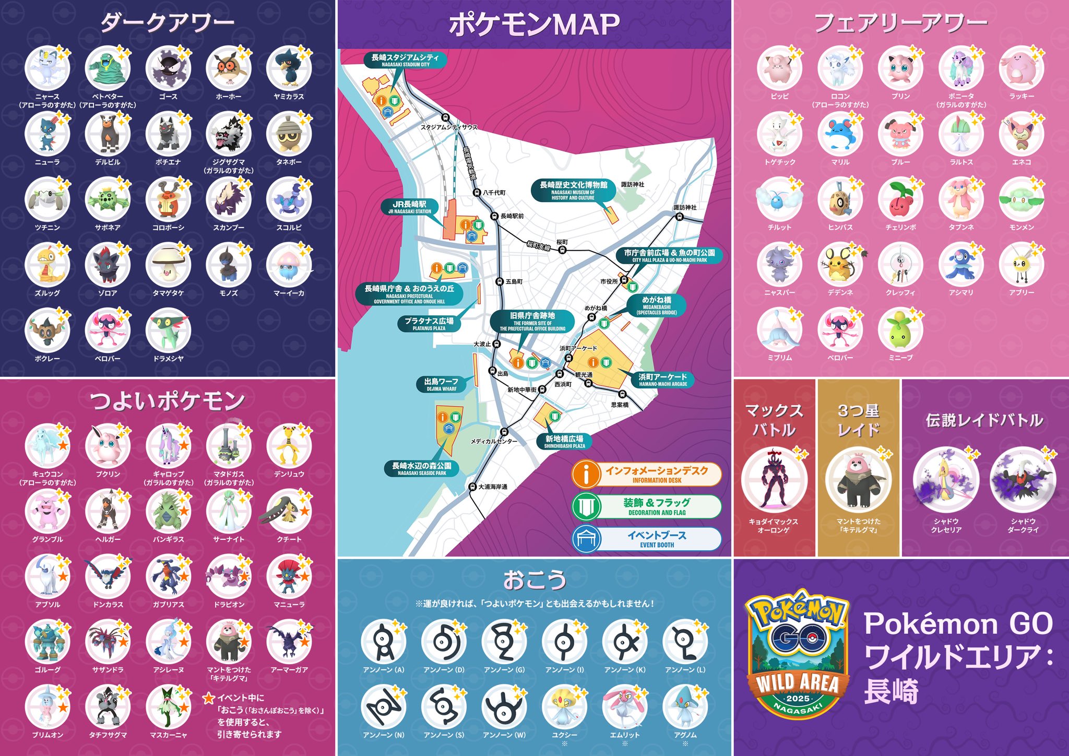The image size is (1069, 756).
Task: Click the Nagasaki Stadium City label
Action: pyautogui.click(x=405, y=60)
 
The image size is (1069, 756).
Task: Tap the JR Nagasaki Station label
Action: pyautogui.click(x=410, y=207)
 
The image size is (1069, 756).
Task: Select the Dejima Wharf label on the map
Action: pyautogui.click(x=442, y=384)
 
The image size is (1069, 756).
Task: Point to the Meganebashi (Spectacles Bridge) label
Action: pyautogui.click(x=657, y=305)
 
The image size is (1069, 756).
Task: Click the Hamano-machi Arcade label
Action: pyautogui.click(x=663, y=380)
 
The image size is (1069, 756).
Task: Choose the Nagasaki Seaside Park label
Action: pyautogui.click(x=422, y=468)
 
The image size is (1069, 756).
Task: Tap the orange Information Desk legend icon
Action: pyautogui.click(x=586, y=474)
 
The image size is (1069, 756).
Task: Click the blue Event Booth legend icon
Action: pyautogui.click(x=586, y=539)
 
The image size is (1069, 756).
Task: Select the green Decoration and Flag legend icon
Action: pyautogui.click(x=586, y=506)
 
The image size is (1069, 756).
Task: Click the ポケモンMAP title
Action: pyautogui.click(x=534, y=25)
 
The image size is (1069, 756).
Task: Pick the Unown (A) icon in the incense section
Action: pyautogui.click(x=384, y=642)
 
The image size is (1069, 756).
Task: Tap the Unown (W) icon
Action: pyautogui.click(x=504, y=707)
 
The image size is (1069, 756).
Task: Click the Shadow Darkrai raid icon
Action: pyautogui.click(x=1023, y=480)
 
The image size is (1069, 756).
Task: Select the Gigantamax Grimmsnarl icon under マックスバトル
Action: pyautogui.click(x=774, y=480)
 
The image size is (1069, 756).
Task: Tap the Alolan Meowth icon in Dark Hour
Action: pyautogui.click(x=47, y=68)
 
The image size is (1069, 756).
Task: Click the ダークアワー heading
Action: pyautogui.click(x=168, y=22)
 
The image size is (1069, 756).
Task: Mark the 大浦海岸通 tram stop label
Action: pyautogui.click(x=493, y=487)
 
